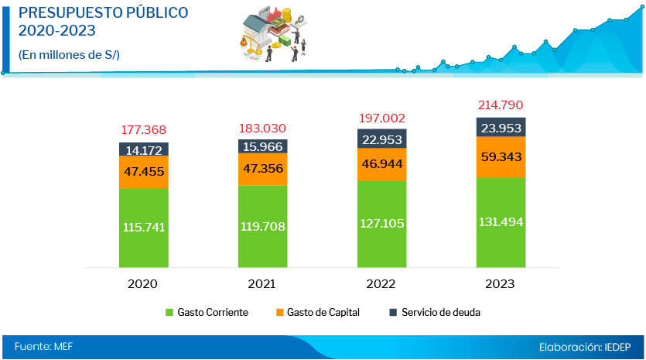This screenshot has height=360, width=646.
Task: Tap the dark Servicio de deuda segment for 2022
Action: click(381, 139)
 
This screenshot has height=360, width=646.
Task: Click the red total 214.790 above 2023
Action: click(501, 105)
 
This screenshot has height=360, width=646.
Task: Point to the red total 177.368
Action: click(144, 129)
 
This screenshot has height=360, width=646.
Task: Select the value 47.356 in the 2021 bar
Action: click(262, 169)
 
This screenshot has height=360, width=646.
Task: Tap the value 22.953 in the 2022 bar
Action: click(381, 139)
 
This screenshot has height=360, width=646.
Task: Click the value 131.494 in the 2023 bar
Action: click(501, 222)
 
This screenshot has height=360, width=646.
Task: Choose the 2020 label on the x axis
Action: click(143, 283)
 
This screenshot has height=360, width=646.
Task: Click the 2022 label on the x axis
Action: click(381, 283)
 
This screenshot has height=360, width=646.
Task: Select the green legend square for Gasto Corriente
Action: click(169, 313)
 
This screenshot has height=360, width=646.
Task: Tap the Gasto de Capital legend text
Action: click(324, 313)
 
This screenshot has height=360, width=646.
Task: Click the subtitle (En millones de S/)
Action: click(68, 54)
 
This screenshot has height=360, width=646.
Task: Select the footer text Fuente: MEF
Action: click(43, 347)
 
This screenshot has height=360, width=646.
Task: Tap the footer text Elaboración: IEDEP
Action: click(586, 347)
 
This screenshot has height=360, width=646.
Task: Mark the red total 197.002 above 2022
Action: click(381, 118)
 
